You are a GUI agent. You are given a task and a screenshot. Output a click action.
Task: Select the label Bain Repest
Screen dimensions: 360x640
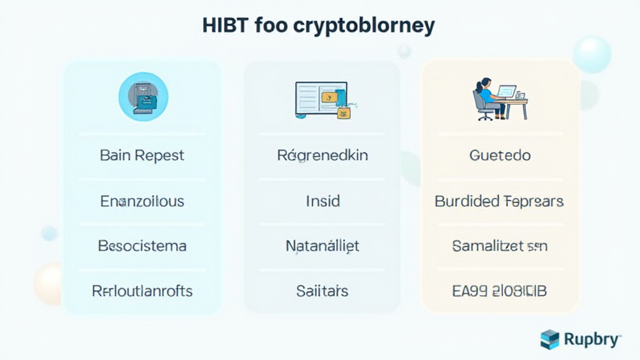(x=142, y=155)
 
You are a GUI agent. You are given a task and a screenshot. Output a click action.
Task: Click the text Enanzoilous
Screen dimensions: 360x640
(x=142, y=201)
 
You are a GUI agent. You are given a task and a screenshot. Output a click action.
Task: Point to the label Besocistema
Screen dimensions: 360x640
(x=142, y=246)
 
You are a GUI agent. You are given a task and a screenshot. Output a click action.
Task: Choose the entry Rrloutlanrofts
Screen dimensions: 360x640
(x=142, y=291)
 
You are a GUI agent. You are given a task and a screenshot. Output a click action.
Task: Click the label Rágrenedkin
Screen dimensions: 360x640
(x=322, y=155)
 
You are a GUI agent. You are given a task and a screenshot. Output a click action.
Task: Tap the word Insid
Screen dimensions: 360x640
(x=322, y=201)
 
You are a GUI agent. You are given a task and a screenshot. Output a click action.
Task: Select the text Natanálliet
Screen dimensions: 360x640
(x=322, y=246)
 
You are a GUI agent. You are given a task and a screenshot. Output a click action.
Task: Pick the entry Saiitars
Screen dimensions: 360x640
(x=322, y=291)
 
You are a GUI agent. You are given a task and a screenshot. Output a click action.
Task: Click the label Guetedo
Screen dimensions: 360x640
(x=499, y=155)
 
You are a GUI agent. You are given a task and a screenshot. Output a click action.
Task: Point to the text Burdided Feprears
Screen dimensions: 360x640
(x=499, y=201)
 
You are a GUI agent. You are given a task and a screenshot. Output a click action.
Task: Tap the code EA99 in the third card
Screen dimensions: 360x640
(x=469, y=291)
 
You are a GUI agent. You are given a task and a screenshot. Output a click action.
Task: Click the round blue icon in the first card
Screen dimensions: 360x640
(x=143, y=96)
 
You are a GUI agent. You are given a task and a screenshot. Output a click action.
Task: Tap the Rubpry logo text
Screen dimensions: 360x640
(x=592, y=339)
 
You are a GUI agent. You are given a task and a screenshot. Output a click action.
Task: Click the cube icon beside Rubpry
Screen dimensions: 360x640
(x=550, y=339)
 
